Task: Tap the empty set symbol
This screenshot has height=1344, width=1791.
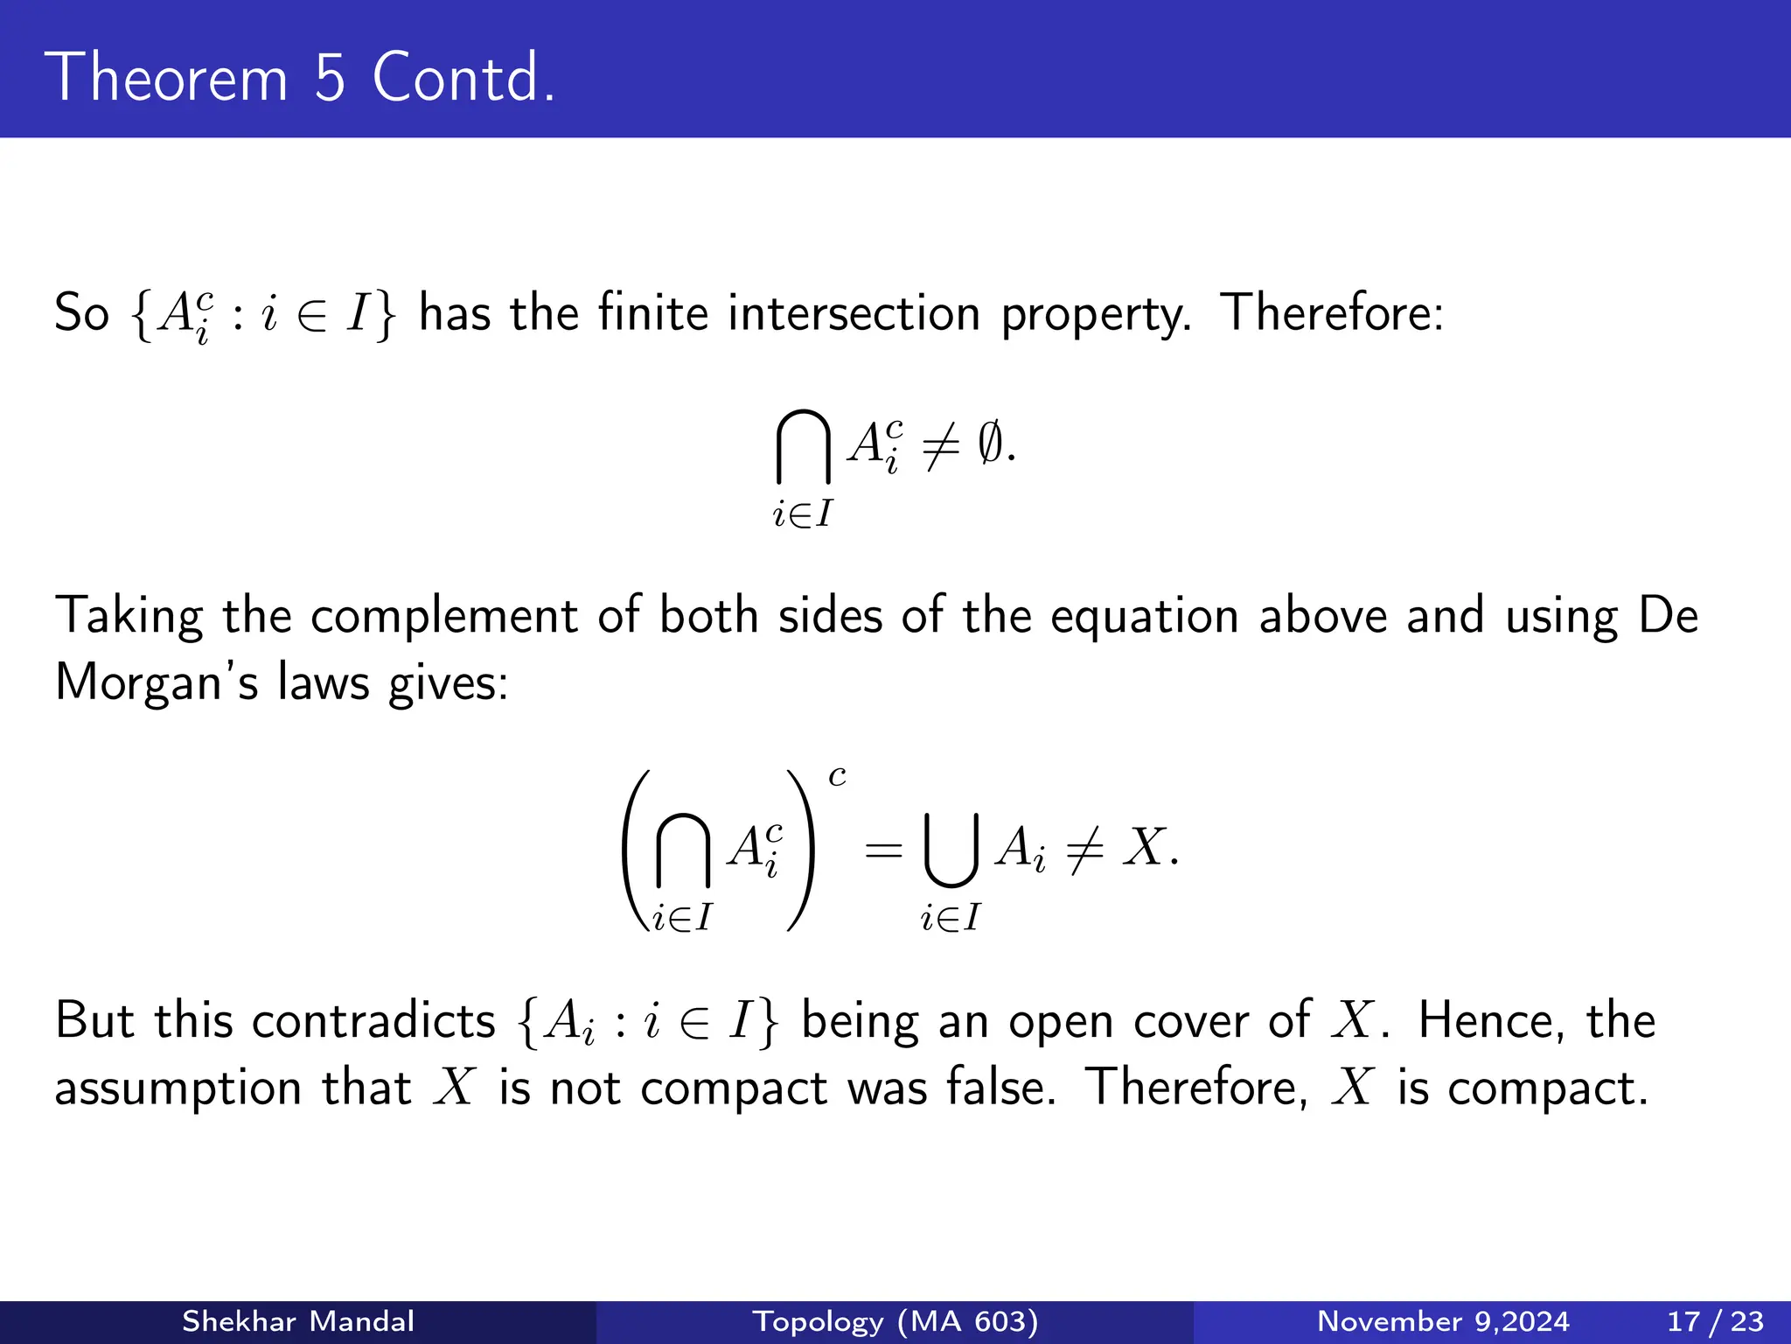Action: [990, 444]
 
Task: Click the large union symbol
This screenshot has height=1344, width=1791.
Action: [951, 849]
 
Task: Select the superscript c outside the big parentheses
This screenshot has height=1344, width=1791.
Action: [837, 776]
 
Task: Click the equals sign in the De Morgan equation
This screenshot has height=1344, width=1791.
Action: [882, 849]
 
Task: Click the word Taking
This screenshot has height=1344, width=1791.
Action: [129, 616]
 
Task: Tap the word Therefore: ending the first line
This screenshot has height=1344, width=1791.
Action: [1331, 312]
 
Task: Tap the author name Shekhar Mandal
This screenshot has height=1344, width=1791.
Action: [297, 1321]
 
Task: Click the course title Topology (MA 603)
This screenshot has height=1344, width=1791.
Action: [895, 1321]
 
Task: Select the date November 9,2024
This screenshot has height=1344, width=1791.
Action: [1443, 1321]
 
